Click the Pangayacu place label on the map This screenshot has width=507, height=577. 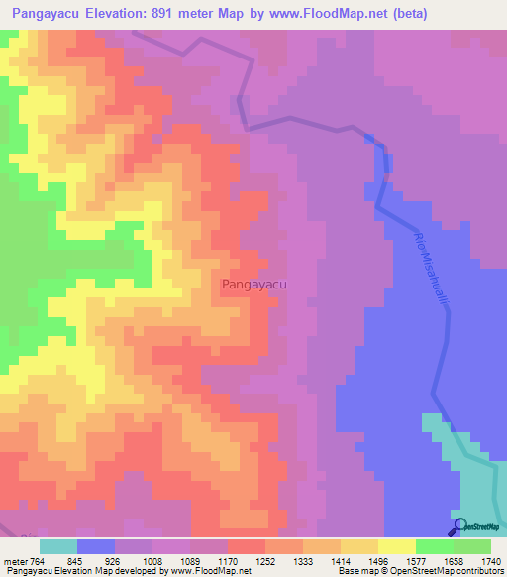(254, 285)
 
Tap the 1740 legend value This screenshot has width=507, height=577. (491, 562)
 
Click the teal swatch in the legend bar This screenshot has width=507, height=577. (58, 546)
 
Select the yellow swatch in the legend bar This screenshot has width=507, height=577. (396, 546)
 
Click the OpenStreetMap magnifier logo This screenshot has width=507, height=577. (459, 525)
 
